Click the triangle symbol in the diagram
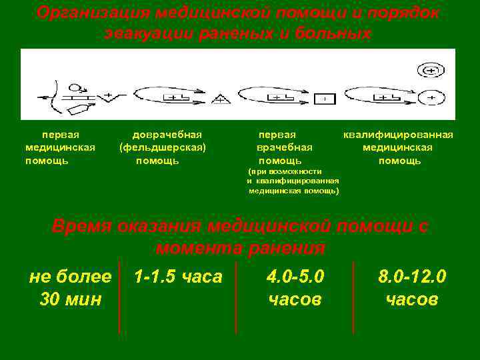[220, 100]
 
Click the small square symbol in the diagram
[324, 99]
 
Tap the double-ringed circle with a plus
[431, 70]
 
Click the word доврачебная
[167, 135]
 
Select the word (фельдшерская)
[163, 147]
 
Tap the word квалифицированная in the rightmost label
[398, 135]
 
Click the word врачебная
[285, 147]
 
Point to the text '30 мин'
[71, 300]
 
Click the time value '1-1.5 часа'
[177, 276]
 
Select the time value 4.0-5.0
[295, 276]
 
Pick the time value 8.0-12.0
[412, 276]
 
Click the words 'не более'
[71, 276]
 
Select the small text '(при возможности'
[285, 171]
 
